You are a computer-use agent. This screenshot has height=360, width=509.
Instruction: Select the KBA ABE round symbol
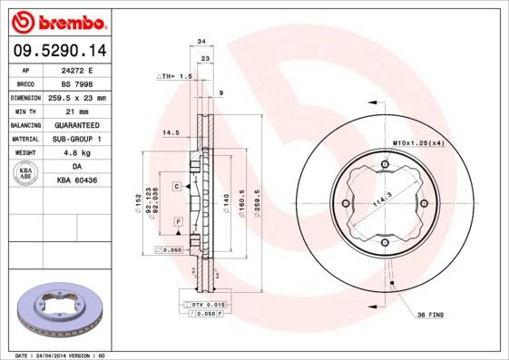point(26,174)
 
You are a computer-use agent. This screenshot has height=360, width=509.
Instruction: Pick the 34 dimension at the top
point(201,42)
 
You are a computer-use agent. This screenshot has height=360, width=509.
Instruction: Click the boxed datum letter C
point(176,185)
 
